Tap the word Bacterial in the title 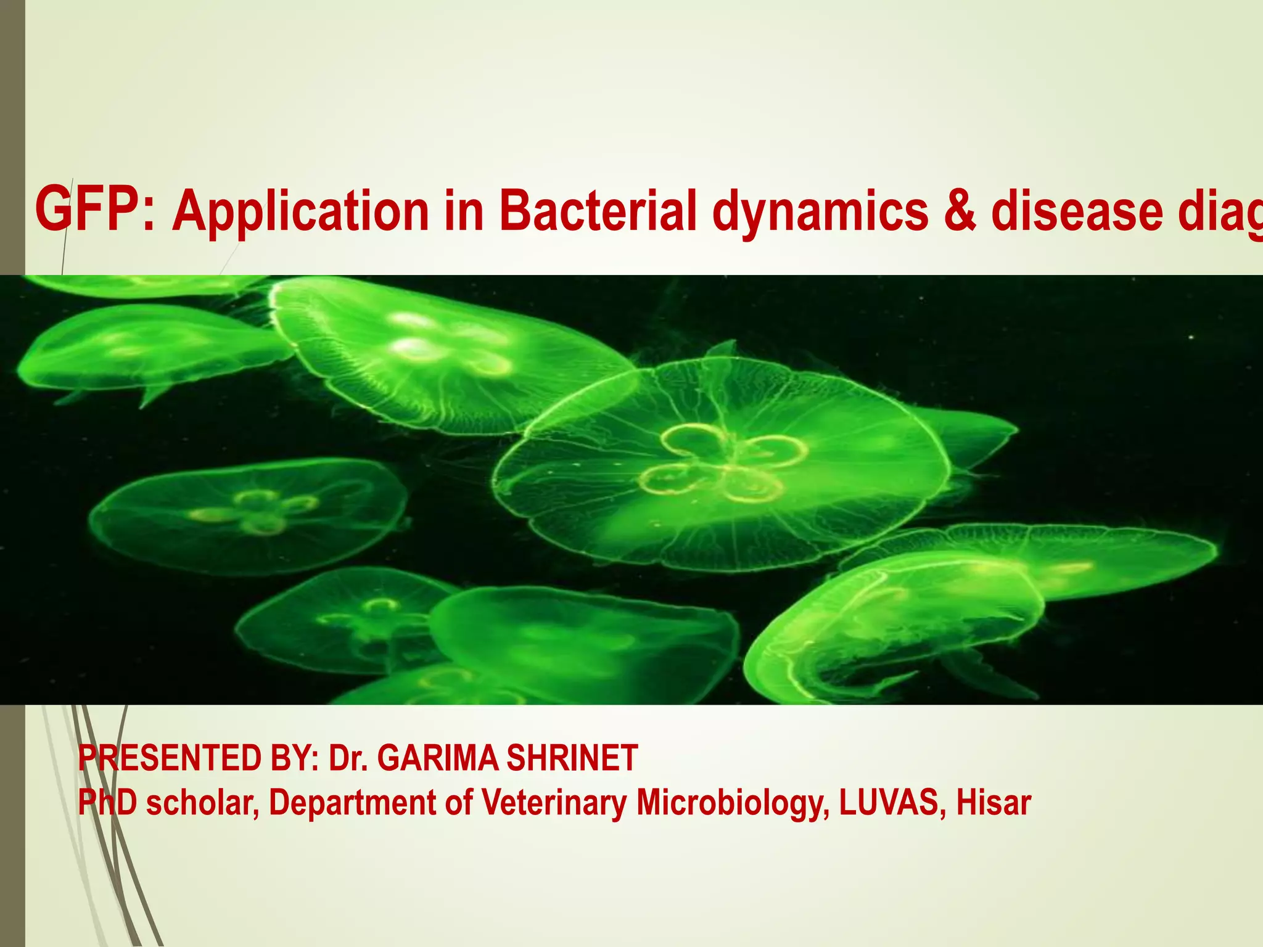pos(598,210)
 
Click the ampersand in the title pos(960,211)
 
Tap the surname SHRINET pos(572,758)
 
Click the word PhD pos(107,802)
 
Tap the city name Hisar pos(994,802)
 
